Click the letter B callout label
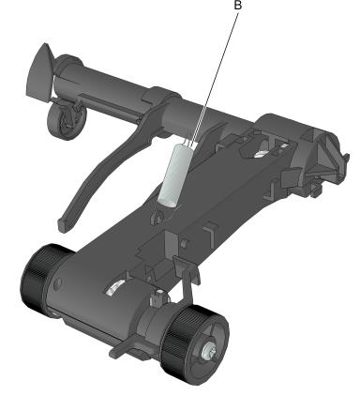tap(238, 6)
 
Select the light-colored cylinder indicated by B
tap(174, 175)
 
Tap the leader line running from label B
tap(216, 76)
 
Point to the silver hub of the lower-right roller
tap(207, 352)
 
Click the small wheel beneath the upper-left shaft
tap(67, 121)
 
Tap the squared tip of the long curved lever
tap(64, 225)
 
